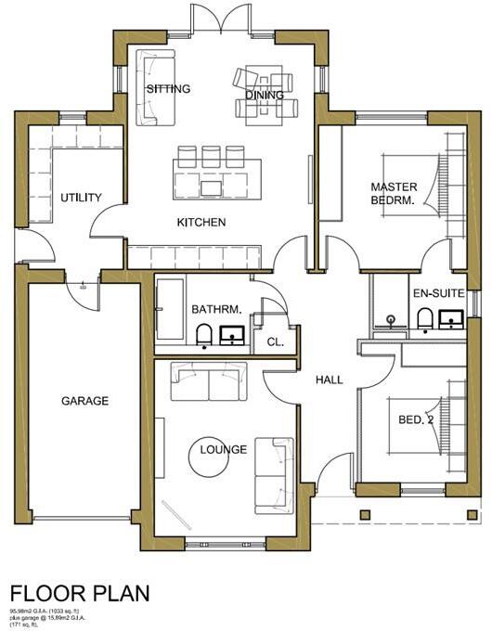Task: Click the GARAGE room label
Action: pos(85,401)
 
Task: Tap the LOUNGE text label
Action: pos(224,450)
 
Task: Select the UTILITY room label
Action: pos(81,198)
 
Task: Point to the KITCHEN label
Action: pos(201,223)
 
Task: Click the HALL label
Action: pos(329,380)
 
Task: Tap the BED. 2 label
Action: pos(416,420)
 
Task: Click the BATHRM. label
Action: pos(216,309)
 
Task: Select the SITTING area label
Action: pos(168,89)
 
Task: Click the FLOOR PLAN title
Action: pos(79,592)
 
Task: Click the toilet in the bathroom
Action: pos(205,335)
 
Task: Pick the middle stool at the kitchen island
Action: pos(210,154)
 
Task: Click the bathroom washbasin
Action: pos(231,334)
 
